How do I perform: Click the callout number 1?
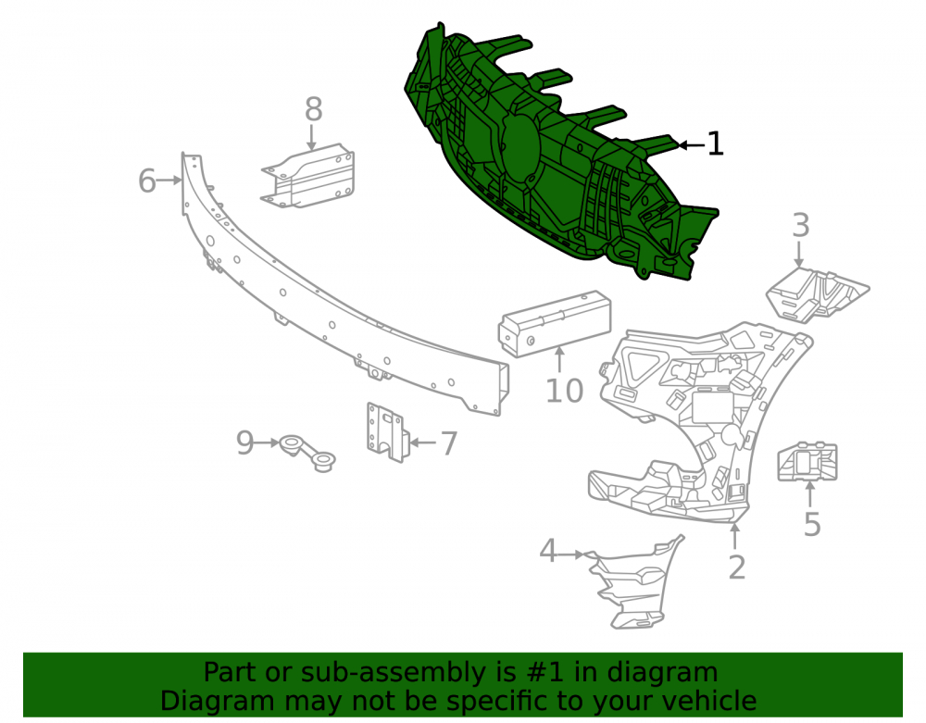coord(715,144)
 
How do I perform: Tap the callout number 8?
coord(314,109)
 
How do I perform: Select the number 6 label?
coord(147,181)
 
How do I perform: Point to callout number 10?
coord(565,391)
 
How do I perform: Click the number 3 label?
coord(801,225)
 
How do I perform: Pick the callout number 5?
coord(813,524)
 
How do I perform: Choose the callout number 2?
coord(737,567)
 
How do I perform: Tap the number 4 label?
coord(548,551)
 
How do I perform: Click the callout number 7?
coord(449,443)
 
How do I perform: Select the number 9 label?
coord(245,443)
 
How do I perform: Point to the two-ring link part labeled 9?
coord(307,453)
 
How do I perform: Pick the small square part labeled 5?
coord(807,462)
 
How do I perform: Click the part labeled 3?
coord(816,294)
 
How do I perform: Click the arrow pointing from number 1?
coord(691,144)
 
